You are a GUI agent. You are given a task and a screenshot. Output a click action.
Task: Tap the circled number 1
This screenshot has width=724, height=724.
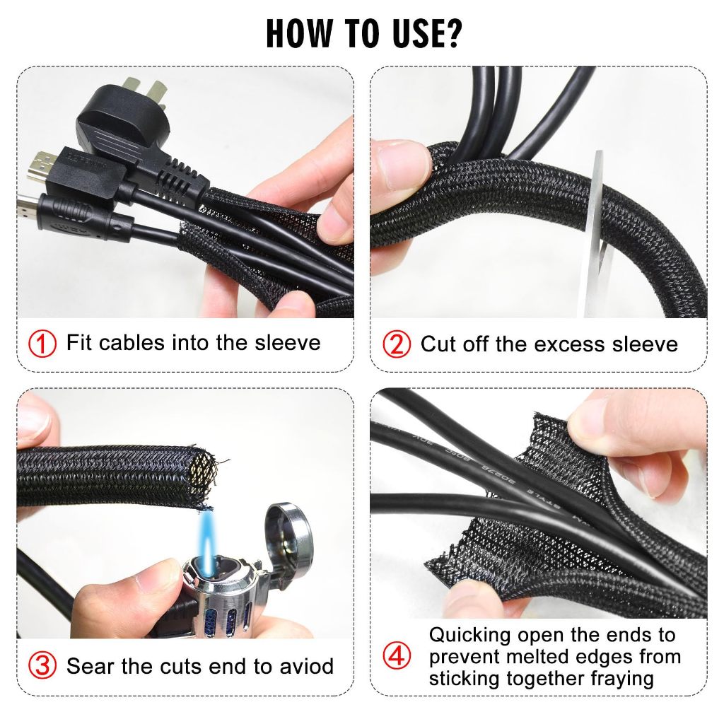[42, 344]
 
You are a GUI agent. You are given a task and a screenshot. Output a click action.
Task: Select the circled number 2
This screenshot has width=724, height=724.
[397, 344]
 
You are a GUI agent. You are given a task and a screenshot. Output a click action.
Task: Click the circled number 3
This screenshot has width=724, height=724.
[42, 666]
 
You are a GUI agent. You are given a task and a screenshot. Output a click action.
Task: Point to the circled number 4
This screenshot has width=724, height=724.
[397, 655]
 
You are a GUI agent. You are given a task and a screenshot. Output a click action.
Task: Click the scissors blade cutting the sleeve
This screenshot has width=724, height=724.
[595, 231]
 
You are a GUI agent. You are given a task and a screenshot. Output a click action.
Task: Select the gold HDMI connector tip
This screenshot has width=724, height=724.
[36, 168]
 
